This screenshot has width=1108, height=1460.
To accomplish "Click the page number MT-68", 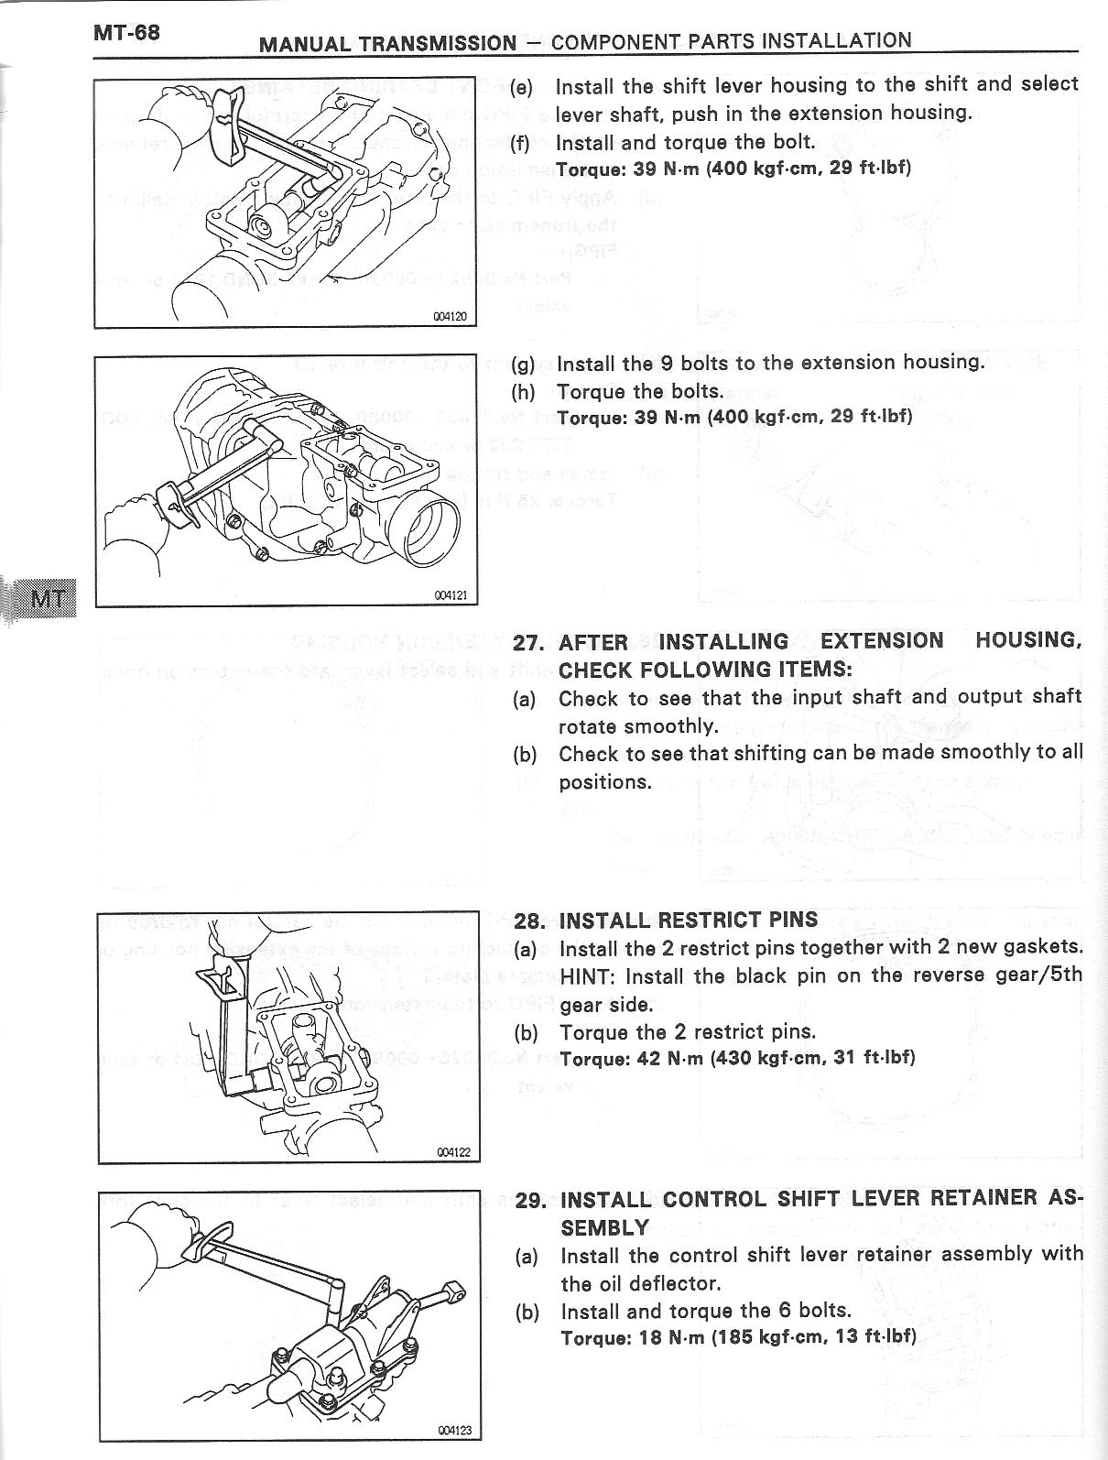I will pyautogui.click(x=126, y=33).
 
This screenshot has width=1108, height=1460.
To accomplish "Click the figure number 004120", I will pyautogui.click(x=451, y=317).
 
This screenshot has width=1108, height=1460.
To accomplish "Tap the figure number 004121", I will pyautogui.click(x=451, y=595).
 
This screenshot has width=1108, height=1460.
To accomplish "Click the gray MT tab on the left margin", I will pyautogui.click(x=48, y=600).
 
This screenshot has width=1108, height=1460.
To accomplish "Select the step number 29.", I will pyautogui.click(x=531, y=1200).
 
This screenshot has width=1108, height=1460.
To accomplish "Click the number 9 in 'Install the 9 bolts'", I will pyautogui.click(x=667, y=363).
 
